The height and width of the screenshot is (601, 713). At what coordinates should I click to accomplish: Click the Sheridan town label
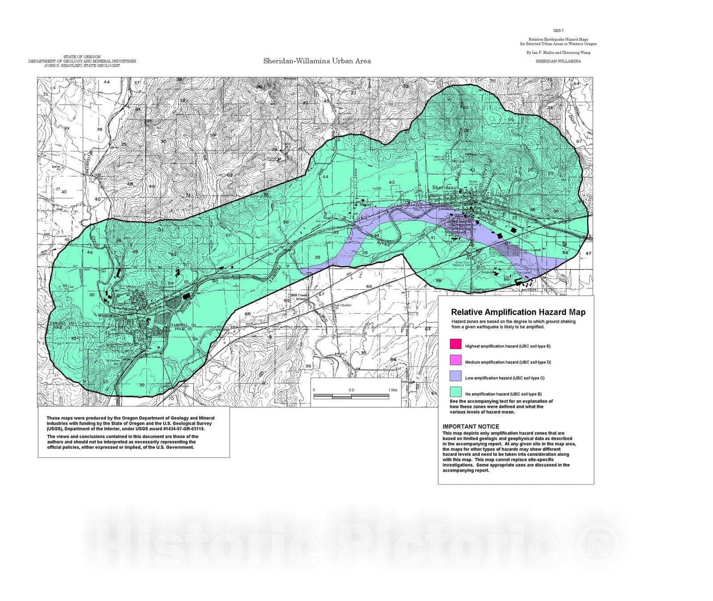click(x=443, y=188)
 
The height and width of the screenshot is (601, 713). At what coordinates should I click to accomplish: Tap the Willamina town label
click(x=109, y=315)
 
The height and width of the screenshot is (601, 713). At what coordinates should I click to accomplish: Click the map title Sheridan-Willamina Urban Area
click(x=317, y=61)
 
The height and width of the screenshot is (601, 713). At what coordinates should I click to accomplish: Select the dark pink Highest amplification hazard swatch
click(x=455, y=344)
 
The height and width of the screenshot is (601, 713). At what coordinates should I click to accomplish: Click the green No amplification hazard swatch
click(x=455, y=392)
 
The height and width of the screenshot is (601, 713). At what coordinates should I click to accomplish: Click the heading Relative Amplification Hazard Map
click(x=518, y=312)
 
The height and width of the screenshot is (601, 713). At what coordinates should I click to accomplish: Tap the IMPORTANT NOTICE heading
click(x=471, y=426)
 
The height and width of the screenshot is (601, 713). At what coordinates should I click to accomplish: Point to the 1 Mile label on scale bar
click(x=393, y=390)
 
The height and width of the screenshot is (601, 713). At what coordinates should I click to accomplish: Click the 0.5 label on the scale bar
click(x=351, y=390)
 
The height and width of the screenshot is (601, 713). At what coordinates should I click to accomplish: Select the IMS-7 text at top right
click(x=558, y=31)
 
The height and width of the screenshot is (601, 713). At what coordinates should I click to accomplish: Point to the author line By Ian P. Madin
click(x=558, y=53)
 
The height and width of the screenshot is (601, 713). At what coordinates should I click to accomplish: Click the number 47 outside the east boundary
click(x=588, y=253)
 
